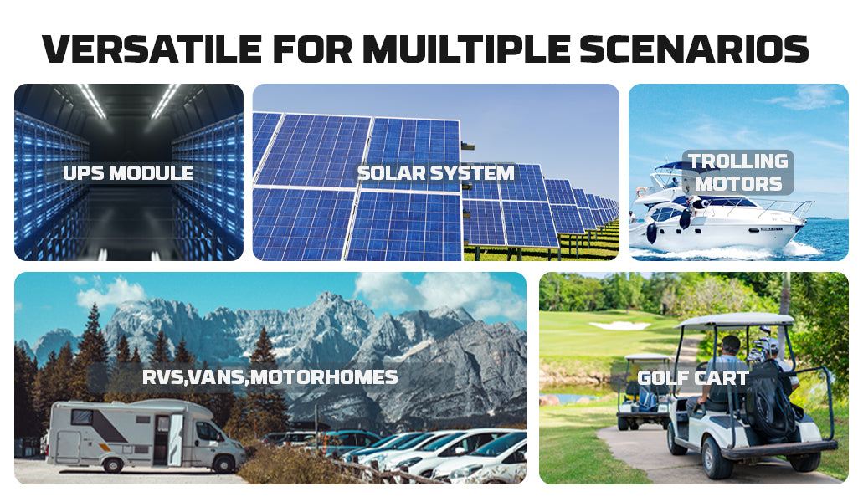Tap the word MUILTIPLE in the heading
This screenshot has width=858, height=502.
(467, 49)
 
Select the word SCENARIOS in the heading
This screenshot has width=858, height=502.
(694, 49)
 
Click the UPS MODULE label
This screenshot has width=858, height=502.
(128, 173)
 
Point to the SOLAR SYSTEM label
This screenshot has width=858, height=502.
(435, 173)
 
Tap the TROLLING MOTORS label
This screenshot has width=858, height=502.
(738, 172)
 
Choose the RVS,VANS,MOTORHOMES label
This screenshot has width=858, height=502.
(270, 377)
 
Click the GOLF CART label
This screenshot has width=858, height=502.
(693, 378)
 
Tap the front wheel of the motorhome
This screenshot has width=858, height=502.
(223, 464)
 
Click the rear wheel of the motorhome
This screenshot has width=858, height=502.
(113, 464)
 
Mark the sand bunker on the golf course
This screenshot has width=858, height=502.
(619, 325)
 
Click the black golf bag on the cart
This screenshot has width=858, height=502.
(771, 401)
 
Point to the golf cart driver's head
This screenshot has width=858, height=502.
(731, 345)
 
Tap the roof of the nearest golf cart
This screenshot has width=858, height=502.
(735, 320)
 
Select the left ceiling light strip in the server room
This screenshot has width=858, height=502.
(92, 101)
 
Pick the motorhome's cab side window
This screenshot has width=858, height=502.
(208, 433)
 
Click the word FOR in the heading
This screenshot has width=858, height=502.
(312, 49)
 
